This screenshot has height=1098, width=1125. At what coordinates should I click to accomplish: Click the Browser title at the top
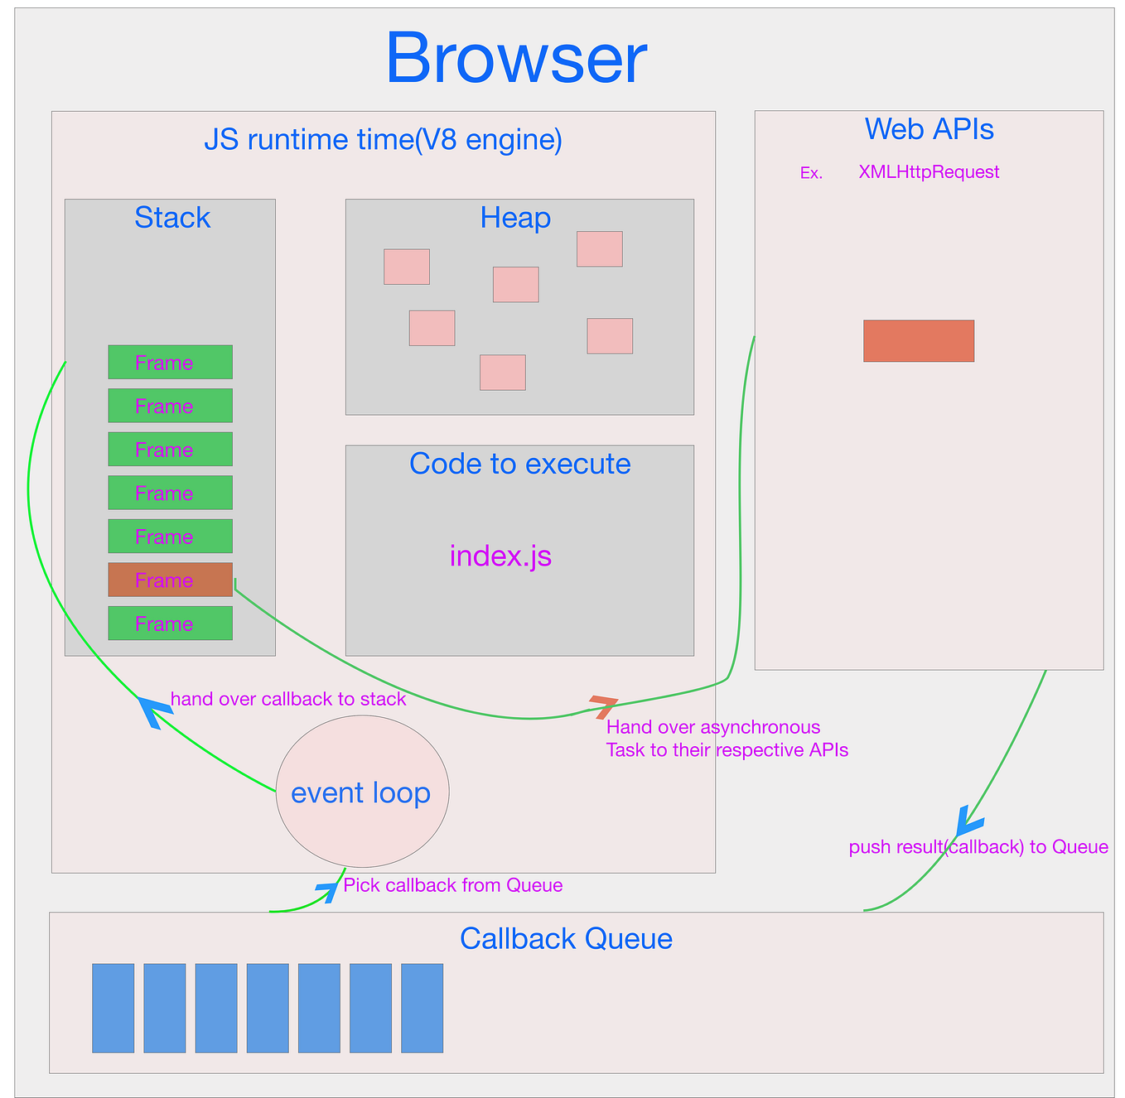click(x=515, y=59)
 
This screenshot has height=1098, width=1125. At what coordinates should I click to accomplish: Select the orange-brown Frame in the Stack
click(x=170, y=580)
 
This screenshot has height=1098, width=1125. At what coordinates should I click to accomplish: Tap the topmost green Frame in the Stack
click(x=170, y=362)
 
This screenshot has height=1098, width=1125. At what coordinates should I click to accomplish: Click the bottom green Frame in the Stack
click(x=170, y=623)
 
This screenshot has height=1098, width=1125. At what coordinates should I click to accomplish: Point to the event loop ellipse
click(x=362, y=792)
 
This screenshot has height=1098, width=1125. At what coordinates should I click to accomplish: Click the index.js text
click(x=500, y=556)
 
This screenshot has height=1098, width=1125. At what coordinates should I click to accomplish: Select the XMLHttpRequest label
click(x=929, y=172)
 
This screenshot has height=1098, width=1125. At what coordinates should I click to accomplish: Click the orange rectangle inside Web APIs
click(x=918, y=340)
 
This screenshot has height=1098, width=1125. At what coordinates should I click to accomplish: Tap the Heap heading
click(x=515, y=218)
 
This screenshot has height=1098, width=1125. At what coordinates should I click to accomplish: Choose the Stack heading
click(x=172, y=218)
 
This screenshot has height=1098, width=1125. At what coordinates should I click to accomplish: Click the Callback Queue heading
click(x=566, y=938)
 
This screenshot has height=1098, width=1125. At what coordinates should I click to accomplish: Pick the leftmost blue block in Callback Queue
click(x=113, y=1008)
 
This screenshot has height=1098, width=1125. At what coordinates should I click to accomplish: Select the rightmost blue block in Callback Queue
click(x=422, y=1008)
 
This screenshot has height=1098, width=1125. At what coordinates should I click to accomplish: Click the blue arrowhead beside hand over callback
click(x=153, y=710)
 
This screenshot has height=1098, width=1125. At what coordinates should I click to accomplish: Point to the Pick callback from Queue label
click(x=453, y=885)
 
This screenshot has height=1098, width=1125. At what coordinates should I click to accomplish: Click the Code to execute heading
click(x=519, y=464)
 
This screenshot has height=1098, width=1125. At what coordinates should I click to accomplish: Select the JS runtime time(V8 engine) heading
click(x=383, y=140)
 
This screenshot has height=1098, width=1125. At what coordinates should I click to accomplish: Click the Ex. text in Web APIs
click(x=811, y=173)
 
